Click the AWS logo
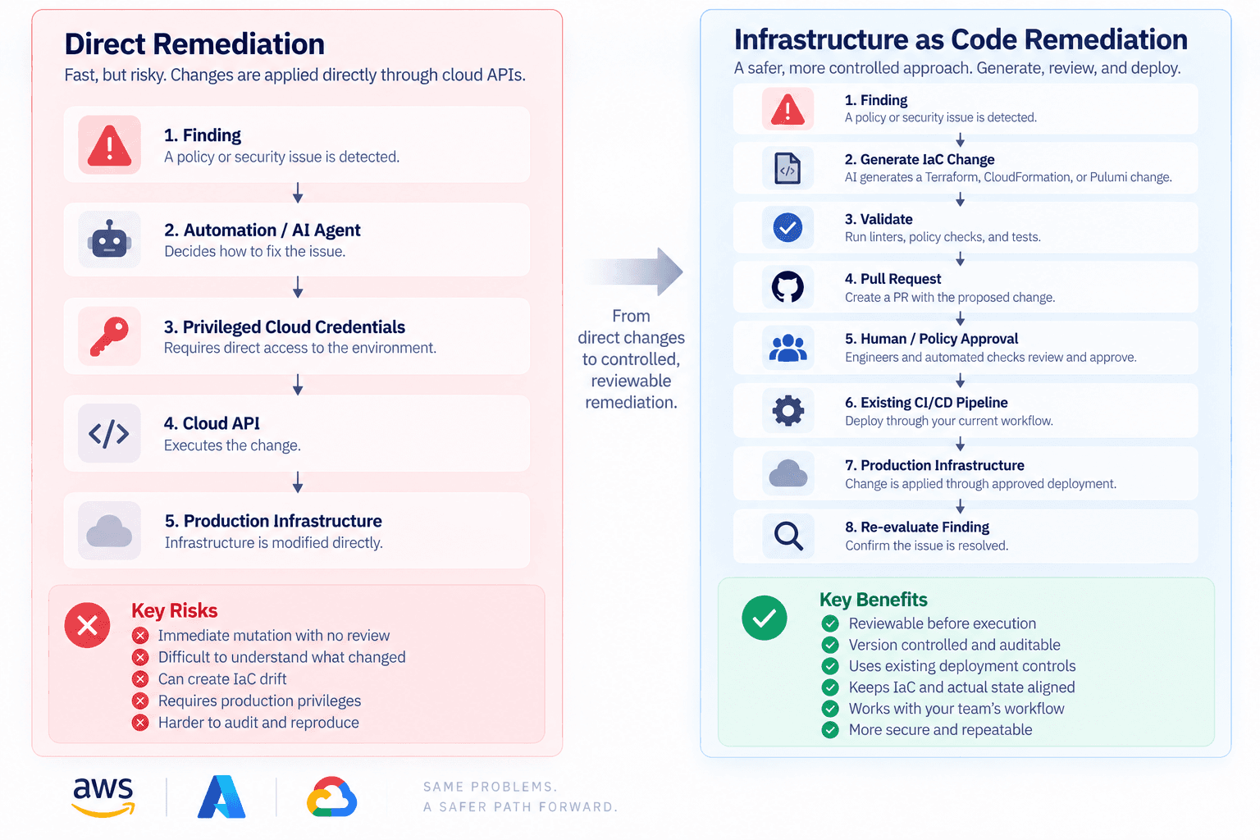point(103,797)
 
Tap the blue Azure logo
point(221,797)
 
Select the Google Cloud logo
point(331,797)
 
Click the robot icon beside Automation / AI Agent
point(109,239)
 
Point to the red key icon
point(109,336)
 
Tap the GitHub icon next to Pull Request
point(787,287)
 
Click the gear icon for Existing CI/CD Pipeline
point(787,410)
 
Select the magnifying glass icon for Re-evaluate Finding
point(788,536)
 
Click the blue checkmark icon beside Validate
point(787,227)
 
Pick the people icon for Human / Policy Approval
point(787,347)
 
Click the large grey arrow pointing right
point(635,272)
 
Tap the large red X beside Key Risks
point(87,625)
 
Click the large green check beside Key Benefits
point(765,618)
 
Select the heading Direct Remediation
point(194,43)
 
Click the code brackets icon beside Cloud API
point(109,433)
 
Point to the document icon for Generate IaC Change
point(787,168)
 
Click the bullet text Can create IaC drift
point(222,679)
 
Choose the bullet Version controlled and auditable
point(955,645)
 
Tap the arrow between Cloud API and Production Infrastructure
point(298,482)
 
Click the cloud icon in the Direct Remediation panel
point(109,531)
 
